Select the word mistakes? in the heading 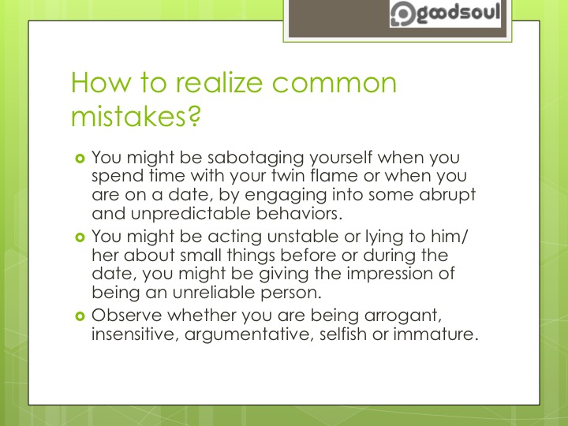(x=136, y=118)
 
